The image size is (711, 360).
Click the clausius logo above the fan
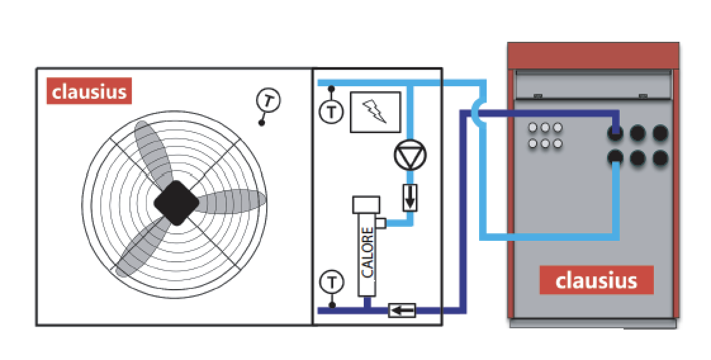coord(89,91)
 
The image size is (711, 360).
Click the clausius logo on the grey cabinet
coord(596,280)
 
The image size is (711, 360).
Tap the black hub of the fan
coord(176,203)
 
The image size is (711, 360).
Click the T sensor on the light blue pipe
coord(331,112)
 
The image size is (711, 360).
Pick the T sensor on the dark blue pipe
coord(331,283)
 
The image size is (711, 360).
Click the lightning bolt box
coord(375,112)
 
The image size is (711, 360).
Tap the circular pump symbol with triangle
coord(410,155)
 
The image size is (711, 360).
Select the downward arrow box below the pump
coord(410,197)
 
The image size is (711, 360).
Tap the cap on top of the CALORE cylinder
coord(366,205)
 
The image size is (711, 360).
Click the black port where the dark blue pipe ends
coord(615,133)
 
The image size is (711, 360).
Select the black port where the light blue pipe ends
coord(615,157)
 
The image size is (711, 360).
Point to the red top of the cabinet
coord(593,56)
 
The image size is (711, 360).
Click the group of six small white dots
coord(545,136)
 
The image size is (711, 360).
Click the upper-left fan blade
coord(152,152)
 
